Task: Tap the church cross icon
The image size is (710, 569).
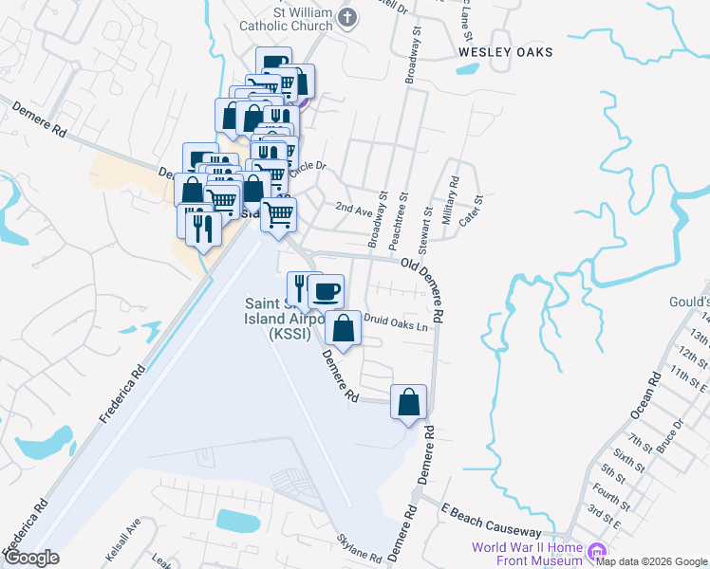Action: [347, 17]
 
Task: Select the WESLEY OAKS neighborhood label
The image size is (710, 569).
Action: [504, 52]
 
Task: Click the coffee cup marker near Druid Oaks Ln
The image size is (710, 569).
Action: [326, 291]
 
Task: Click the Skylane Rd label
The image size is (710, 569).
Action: [359, 548]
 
